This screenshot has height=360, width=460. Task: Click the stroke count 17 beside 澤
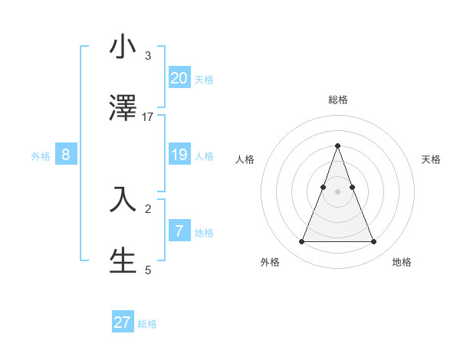pyautogui.click(x=148, y=116)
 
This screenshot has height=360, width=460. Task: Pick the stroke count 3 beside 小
pyautogui.click(x=148, y=56)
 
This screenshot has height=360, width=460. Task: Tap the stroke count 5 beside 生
pyautogui.click(x=148, y=270)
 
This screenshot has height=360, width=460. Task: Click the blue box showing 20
pyautogui.click(x=179, y=77)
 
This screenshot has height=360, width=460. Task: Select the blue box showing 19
pyautogui.click(x=179, y=155)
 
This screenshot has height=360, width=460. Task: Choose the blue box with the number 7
pyautogui.click(x=179, y=231)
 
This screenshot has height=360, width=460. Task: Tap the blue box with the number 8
pyautogui.click(x=66, y=155)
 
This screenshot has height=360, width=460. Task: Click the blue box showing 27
pyautogui.click(x=123, y=322)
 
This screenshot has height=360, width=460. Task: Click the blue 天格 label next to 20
pyautogui.click(x=204, y=79)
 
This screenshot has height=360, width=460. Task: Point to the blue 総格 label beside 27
pyautogui.click(x=147, y=324)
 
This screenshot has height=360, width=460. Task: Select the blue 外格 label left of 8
pyautogui.click(x=41, y=156)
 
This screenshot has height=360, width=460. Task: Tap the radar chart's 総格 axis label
pyautogui.click(x=337, y=100)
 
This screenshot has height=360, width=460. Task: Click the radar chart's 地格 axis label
pyautogui.click(x=402, y=262)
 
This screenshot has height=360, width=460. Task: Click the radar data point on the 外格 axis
pyautogui.click(x=301, y=242)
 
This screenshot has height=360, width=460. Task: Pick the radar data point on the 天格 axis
pyautogui.click(x=352, y=187)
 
